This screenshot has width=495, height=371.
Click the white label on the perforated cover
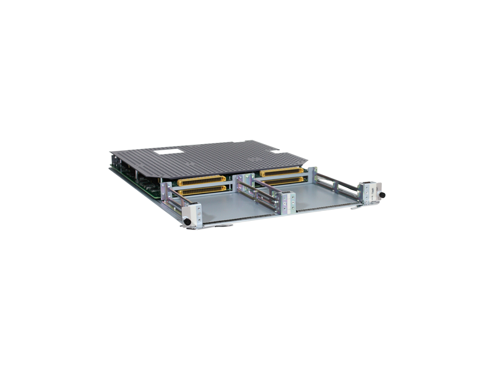(169, 150)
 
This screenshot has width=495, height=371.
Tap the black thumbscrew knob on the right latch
(381, 195)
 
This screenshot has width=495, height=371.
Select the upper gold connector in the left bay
(202, 181)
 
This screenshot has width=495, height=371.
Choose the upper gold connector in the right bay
(282, 171)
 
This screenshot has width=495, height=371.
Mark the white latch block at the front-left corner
(193, 214)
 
